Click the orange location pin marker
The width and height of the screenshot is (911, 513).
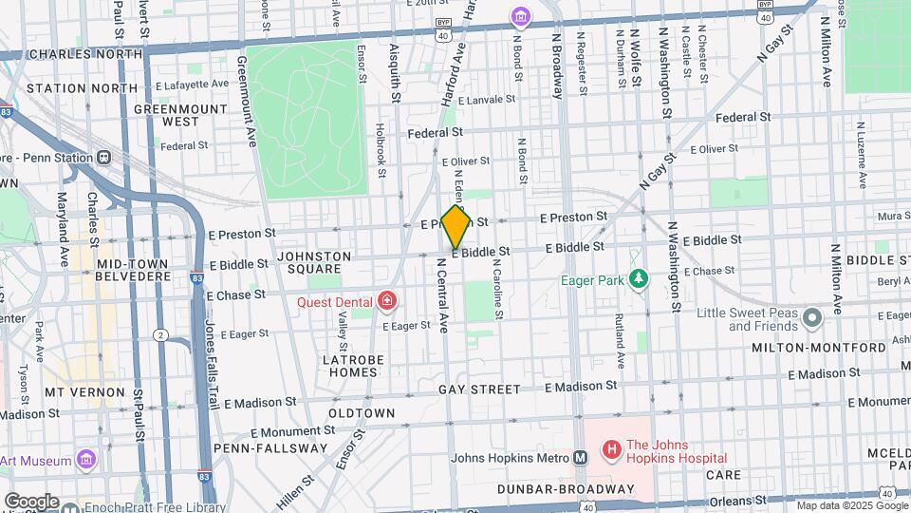tap(455, 226)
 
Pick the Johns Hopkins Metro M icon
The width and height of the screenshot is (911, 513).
tap(579, 457)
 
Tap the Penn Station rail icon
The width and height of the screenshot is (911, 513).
tap(103, 157)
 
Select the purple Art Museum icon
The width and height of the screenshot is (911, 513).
tap(86, 461)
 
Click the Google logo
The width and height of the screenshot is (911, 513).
tap(31, 501)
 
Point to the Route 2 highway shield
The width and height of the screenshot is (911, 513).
tap(160, 334)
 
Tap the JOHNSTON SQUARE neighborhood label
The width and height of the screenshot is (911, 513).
tap(314, 262)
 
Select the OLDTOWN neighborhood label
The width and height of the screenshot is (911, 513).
tap(362, 413)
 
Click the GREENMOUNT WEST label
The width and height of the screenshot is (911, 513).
tap(179, 115)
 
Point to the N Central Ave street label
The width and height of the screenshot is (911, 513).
tap(441, 294)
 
